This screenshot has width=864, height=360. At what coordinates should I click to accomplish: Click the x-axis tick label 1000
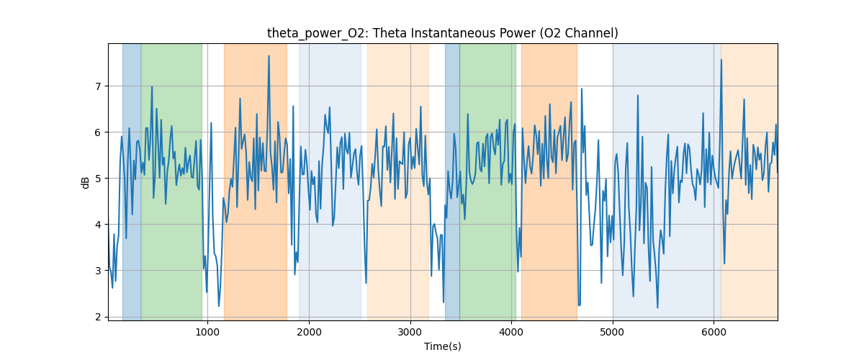click(207, 331)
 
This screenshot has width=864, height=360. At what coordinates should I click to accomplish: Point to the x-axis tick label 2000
click(309, 331)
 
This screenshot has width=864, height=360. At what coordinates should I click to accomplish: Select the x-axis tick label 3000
click(410, 331)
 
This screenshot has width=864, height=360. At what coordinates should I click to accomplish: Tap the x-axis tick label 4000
click(511, 331)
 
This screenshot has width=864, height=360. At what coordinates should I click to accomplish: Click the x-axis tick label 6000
click(714, 331)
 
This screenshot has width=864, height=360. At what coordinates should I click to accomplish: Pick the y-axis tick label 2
click(99, 317)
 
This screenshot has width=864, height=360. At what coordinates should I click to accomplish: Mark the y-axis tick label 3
click(99, 271)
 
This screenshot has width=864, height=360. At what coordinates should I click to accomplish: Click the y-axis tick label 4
click(99, 225)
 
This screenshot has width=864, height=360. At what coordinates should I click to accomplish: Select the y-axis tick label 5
click(99, 179)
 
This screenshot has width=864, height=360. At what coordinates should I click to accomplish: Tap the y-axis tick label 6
click(99, 132)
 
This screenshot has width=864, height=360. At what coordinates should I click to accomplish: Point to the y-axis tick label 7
click(99, 86)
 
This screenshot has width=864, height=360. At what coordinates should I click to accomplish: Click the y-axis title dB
click(86, 181)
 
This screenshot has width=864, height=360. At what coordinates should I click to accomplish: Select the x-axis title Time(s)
click(443, 346)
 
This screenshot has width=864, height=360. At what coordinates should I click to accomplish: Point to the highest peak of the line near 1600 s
click(269, 56)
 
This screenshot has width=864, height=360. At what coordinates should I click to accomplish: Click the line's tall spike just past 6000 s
click(721, 60)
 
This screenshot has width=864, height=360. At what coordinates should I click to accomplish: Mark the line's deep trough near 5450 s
click(657, 308)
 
